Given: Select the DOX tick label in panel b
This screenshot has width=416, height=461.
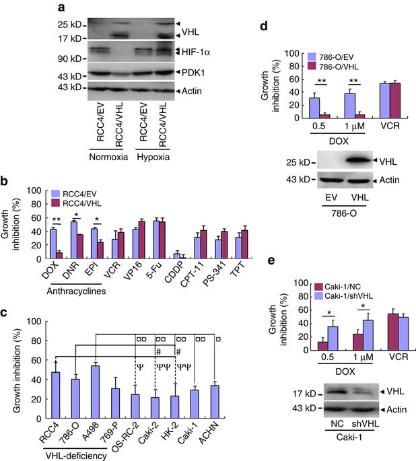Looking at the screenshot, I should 47,275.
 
